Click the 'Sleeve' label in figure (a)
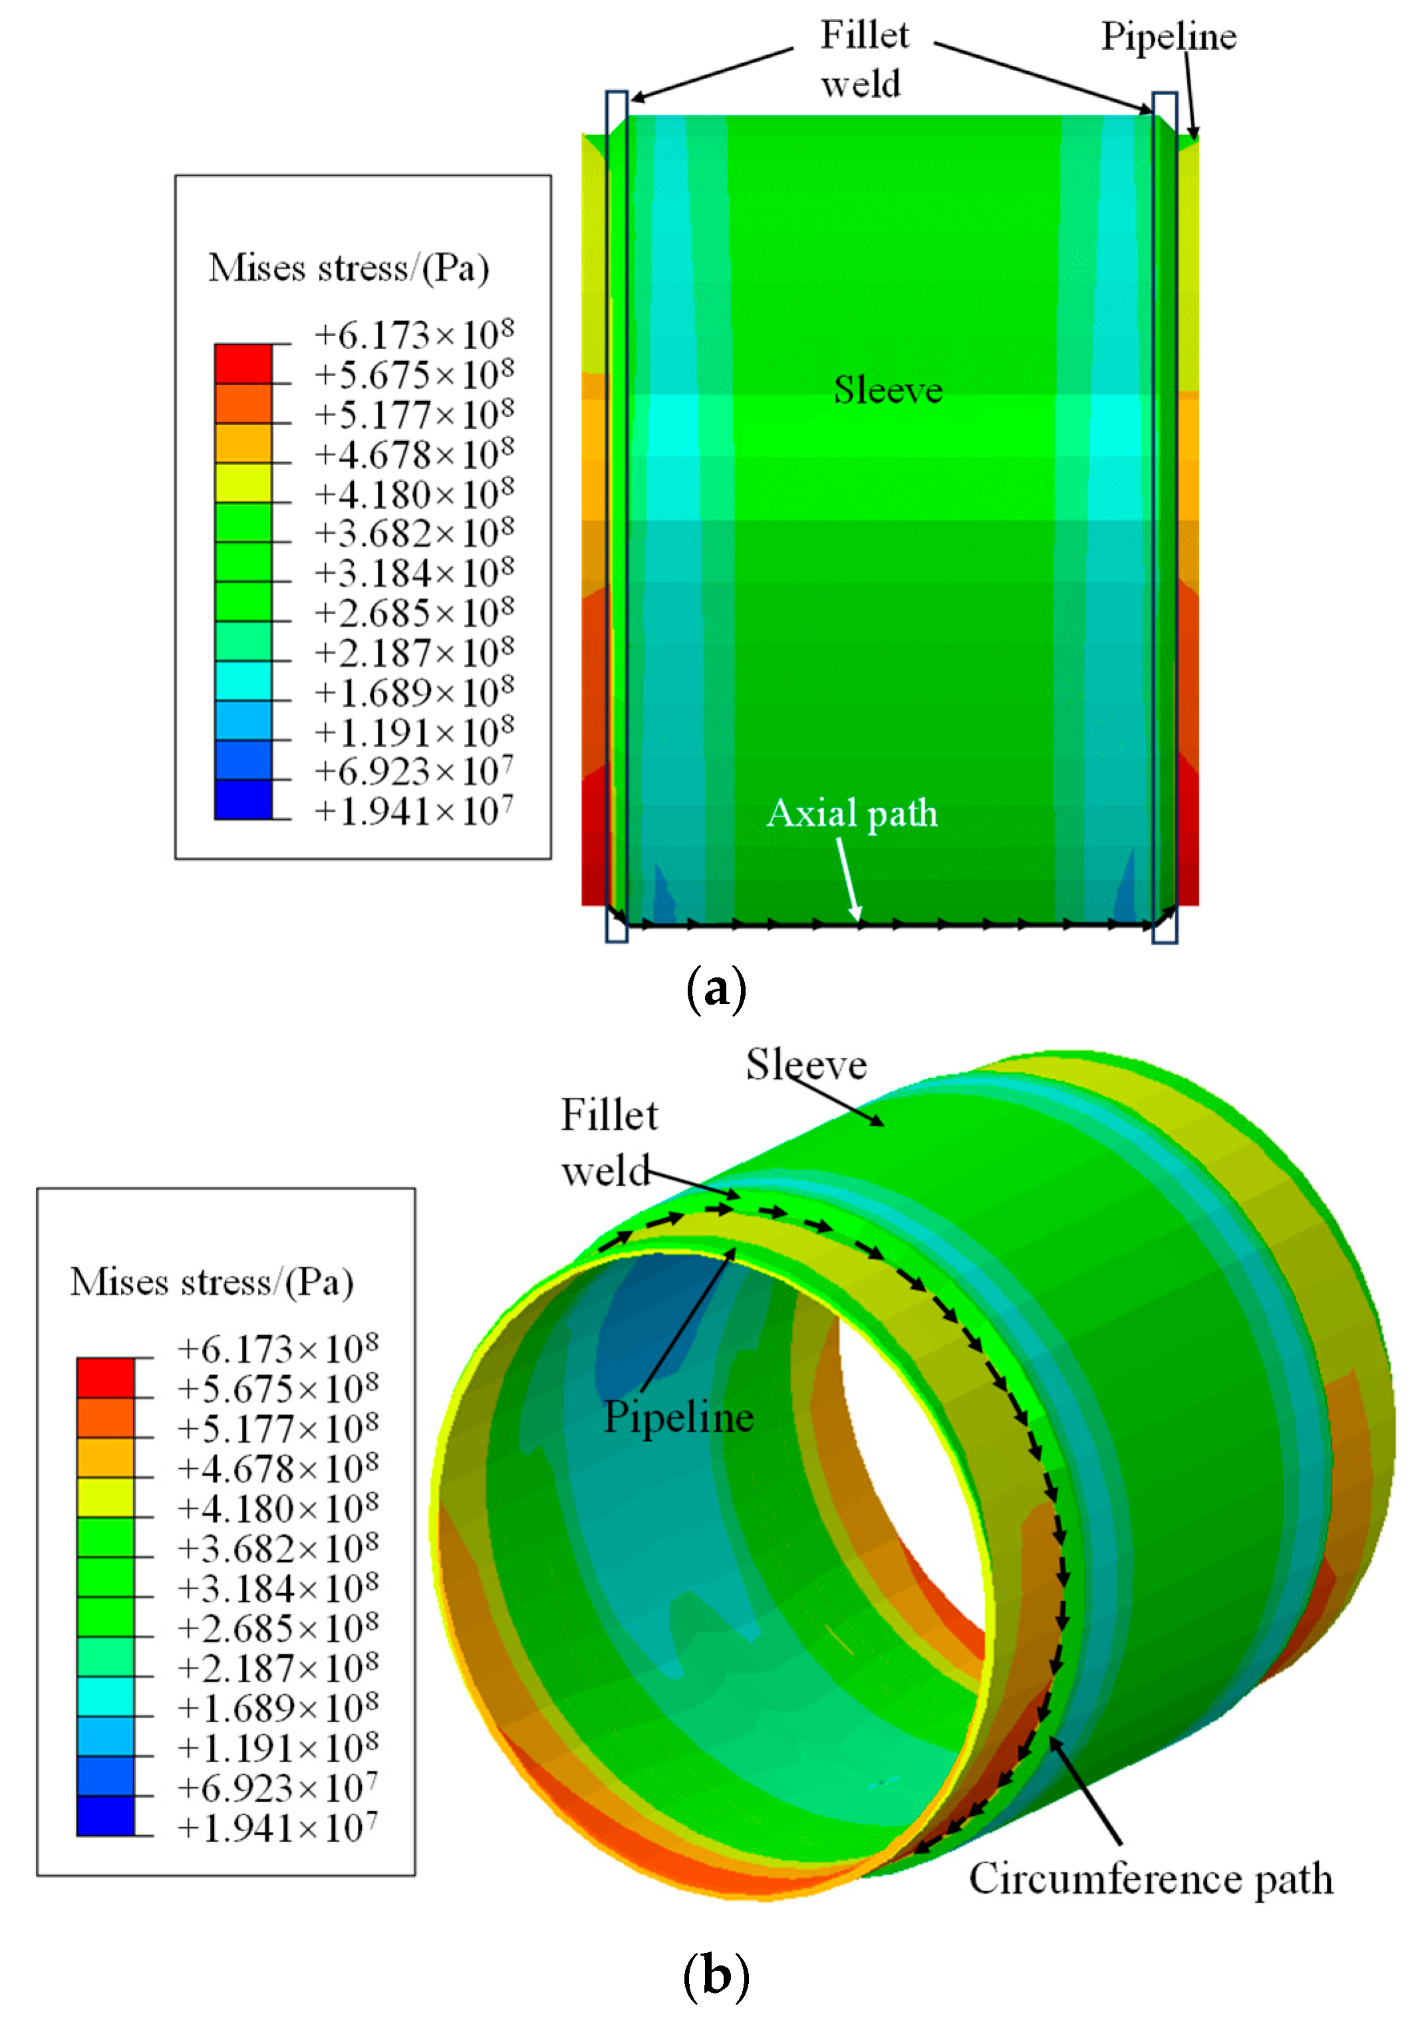[887, 390]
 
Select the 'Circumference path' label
[1150, 1878]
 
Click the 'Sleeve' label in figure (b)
[806, 1065]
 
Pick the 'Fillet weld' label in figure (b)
[609, 1142]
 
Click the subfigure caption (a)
[714, 989]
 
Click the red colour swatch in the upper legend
[243, 363]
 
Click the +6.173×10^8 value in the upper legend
[414, 335]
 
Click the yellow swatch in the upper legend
[243, 483]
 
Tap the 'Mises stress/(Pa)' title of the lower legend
[212, 1282]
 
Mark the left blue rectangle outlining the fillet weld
[616, 517]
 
